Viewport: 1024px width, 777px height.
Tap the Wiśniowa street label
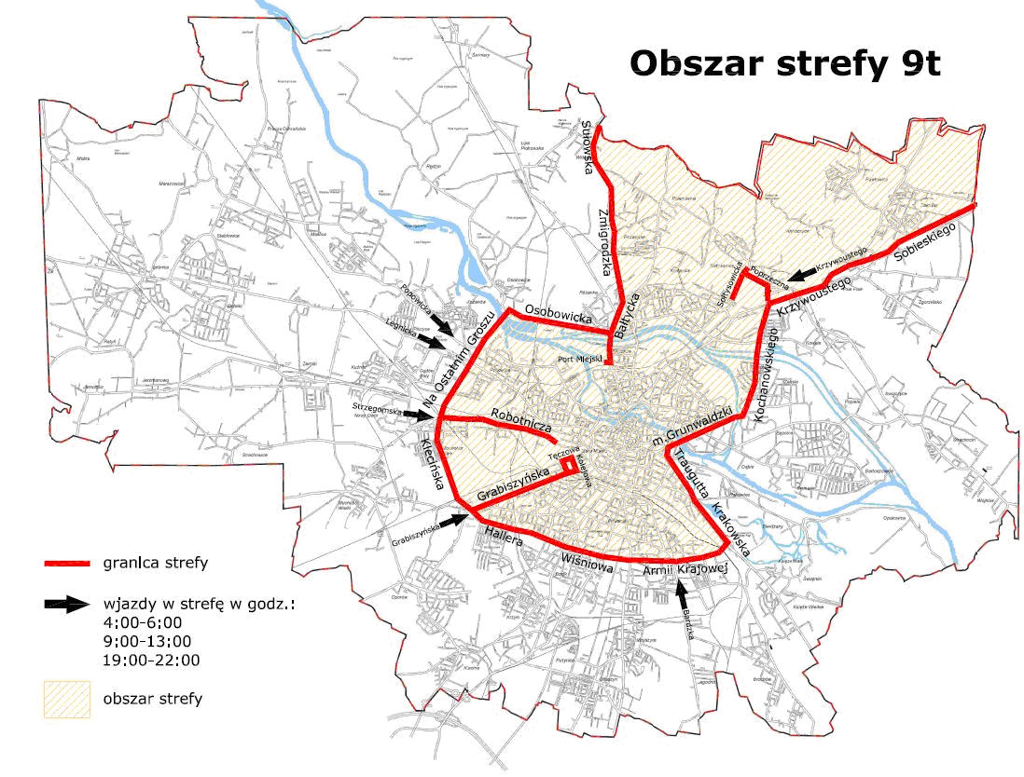pyautogui.click(x=584, y=562)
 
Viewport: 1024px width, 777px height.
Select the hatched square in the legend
pyautogui.click(x=67, y=698)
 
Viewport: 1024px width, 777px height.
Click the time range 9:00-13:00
pyautogui.click(x=147, y=641)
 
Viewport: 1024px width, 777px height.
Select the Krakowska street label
pyautogui.click(x=731, y=525)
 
